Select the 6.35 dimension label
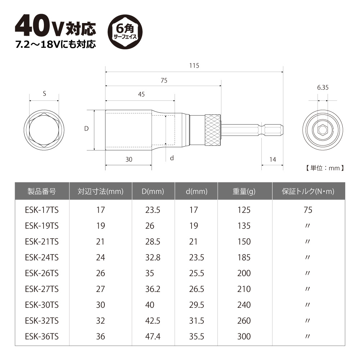[x=323, y=87]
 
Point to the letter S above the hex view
[x=44, y=94]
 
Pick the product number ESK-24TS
[x=42, y=257]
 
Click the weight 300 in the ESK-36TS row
[x=244, y=337]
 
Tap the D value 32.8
[x=153, y=257]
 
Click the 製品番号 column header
[x=42, y=192]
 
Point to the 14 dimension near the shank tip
[x=272, y=159]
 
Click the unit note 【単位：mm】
[x=322, y=168]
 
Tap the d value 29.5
[x=196, y=305]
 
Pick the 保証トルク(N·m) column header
[x=308, y=192]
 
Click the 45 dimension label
[x=141, y=94]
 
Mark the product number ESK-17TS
[x=42, y=210]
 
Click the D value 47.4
[x=153, y=337]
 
